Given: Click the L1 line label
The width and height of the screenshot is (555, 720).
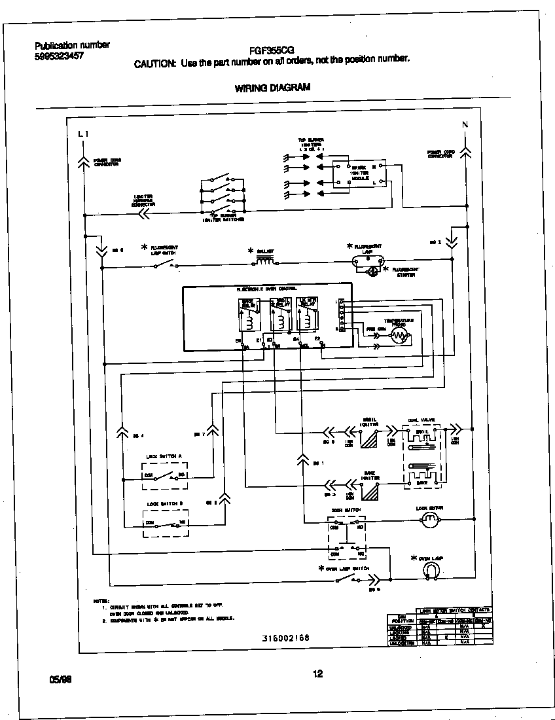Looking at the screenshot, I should [82, 134].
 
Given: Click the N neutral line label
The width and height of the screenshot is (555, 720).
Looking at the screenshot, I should [465, 124].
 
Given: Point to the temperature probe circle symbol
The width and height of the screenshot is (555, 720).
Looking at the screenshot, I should [399, 336].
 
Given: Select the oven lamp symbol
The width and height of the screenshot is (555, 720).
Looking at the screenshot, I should [431, 571].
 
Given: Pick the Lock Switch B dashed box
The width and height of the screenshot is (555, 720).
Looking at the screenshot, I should [165, 522].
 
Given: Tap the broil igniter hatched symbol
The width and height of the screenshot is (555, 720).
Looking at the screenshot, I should [370, 438].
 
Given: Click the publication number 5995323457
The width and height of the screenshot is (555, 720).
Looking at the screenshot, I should [59, 56].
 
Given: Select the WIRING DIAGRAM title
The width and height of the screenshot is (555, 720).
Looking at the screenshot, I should [272, 88].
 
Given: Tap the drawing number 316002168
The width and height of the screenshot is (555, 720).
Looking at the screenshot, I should [285, 638].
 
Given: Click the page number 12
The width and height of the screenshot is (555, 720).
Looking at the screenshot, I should [317, 674].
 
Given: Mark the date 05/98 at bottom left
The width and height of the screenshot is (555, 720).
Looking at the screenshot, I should [60, 679].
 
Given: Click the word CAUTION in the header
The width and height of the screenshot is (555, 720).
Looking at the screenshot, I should [154, 63].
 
